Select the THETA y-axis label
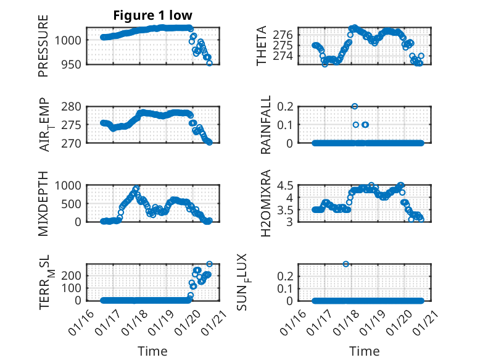[262, 46]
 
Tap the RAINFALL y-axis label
[266, 125]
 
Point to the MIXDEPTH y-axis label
[43, 203]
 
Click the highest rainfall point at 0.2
[355, 106]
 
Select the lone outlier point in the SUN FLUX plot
[346, 264]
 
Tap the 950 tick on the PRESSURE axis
[72, 64]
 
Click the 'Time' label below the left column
[152, 351]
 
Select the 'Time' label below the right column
[365, 351]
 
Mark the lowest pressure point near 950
[209, 63]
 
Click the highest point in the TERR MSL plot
[209, 264]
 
